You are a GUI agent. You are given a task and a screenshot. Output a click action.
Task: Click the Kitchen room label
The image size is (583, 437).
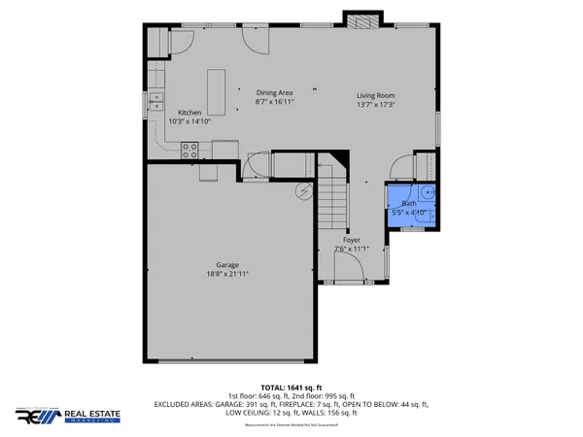(189, 113)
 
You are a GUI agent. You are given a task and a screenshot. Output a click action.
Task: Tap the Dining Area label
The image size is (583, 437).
(274, 92)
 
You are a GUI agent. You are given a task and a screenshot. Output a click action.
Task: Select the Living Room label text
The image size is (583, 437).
(375, 95)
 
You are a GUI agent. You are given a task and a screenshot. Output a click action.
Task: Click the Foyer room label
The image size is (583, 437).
(352, 240)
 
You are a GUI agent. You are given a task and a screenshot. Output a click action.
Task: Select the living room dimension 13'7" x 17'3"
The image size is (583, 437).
(375, 104)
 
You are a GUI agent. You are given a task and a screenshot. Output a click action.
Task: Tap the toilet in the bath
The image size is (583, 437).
(428, 190)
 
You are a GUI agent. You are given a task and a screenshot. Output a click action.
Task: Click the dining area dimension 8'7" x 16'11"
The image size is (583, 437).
(274, 101)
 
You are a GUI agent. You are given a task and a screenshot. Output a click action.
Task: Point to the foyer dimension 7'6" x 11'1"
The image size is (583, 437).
(352, 249)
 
